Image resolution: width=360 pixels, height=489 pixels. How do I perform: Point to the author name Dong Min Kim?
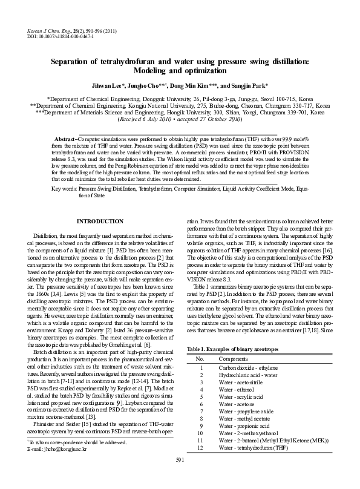192,86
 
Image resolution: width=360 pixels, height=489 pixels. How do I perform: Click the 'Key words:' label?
65,172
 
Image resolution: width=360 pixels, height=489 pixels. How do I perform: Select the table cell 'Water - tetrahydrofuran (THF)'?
254,448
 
